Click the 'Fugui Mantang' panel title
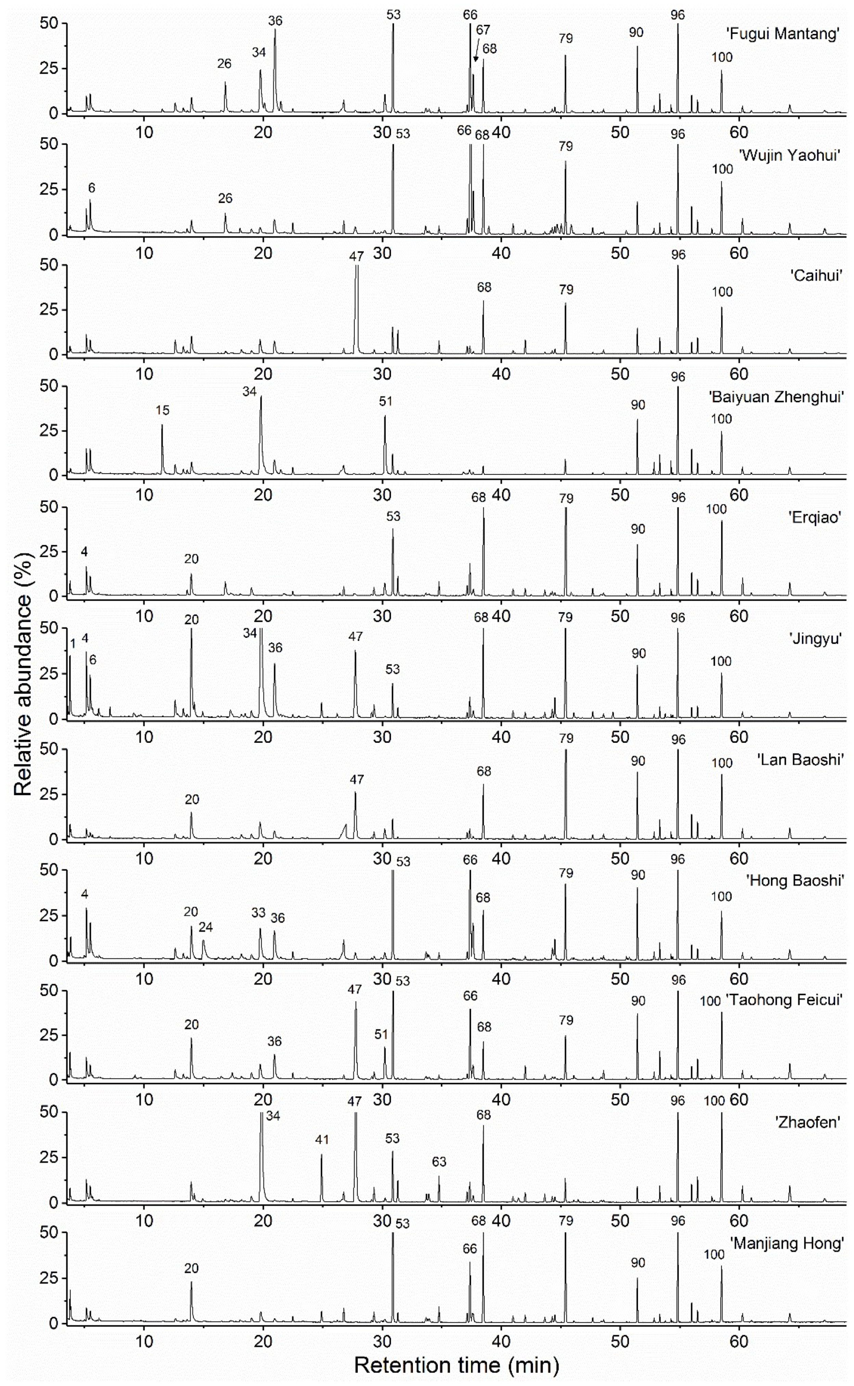pyautogui.click(x=782, y=34)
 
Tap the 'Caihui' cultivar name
pyautogui.click(x=816, y=276)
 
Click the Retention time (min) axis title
pyautogui.click(x=456, y=1364)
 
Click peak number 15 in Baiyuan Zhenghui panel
pyautogui.click(x=163, y=410)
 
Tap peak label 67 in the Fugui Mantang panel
pyautogui.click(x=483, y=30)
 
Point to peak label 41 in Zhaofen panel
pyautogui.click(x=322, y=1140)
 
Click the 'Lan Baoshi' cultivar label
pyautogui.click(x=800, y=759)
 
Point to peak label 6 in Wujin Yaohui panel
pyautogui.click(x=91, y=188)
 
